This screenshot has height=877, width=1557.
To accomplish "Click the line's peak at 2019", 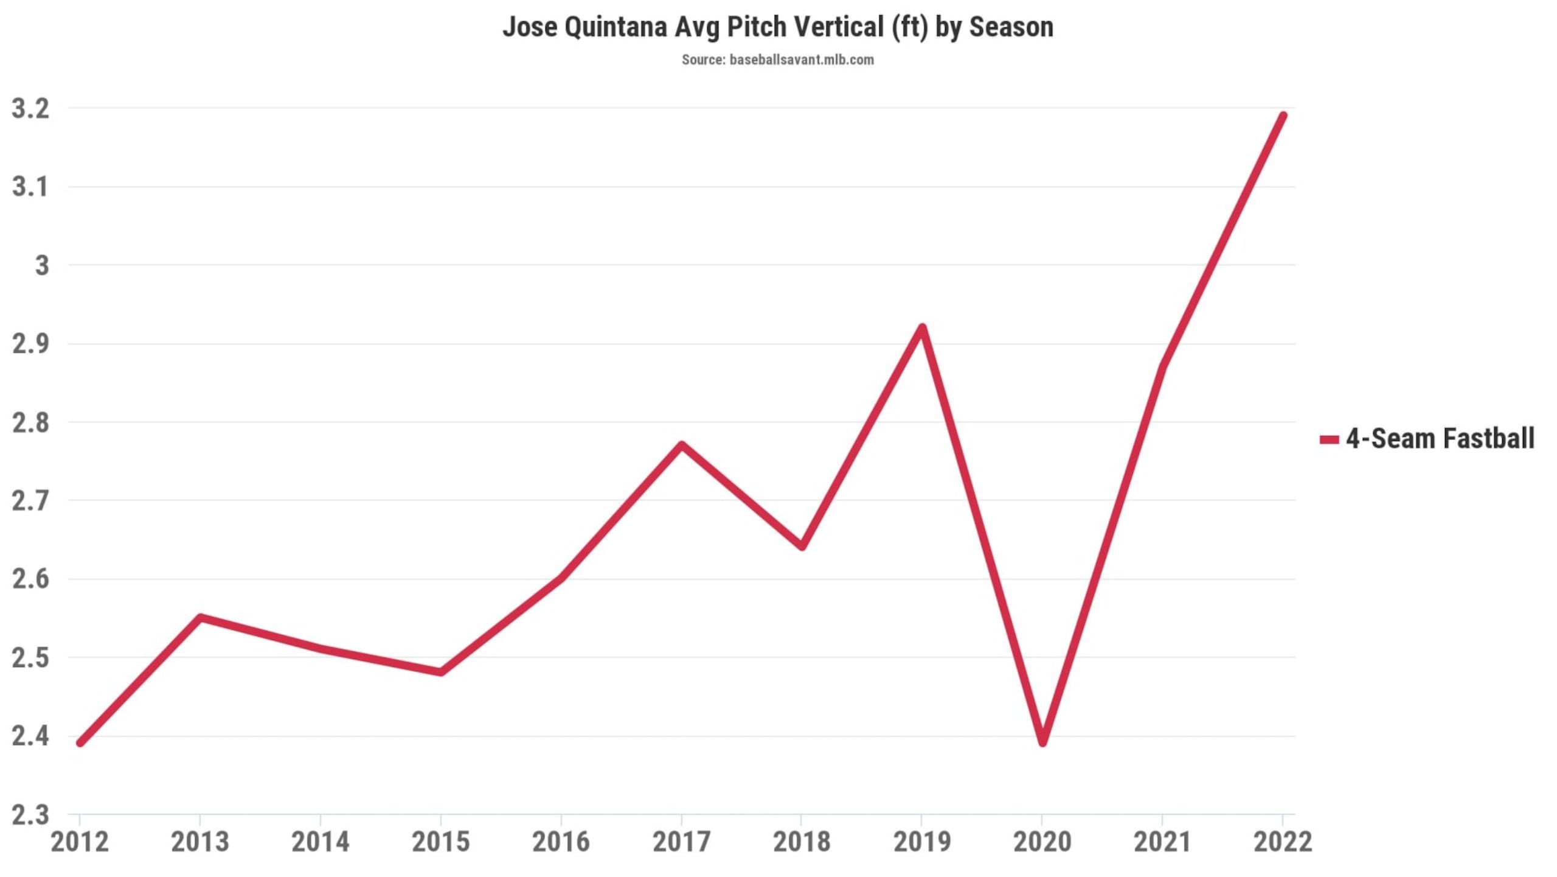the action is point(922,328).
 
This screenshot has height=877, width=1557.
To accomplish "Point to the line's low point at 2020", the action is point(1042,743).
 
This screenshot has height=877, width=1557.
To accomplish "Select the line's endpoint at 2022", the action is point(1283,116).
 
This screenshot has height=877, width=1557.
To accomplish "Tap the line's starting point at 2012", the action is point(80,743).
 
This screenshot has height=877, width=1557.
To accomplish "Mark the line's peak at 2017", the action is point(682,445).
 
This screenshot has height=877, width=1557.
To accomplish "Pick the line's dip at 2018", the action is point(802,547).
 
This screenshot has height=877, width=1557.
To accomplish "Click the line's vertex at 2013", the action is point(200,618).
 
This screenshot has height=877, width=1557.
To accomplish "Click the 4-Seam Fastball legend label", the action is point(1440,438).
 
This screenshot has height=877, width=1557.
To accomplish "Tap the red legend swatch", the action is point(1330,439).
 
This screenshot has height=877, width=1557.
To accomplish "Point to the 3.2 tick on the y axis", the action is point(30,109).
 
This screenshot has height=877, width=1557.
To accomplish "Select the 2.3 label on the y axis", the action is point(30,815).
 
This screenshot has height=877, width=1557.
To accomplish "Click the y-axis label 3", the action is point(42,265).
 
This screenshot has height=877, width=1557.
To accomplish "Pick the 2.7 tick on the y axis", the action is point(30,501).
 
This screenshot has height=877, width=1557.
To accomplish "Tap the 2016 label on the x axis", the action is point(561,842).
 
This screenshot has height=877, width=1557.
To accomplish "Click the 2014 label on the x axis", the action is point(321,842).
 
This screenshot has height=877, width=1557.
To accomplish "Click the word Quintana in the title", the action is point(616,27).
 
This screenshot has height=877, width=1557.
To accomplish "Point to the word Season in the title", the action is point(1011,27).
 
